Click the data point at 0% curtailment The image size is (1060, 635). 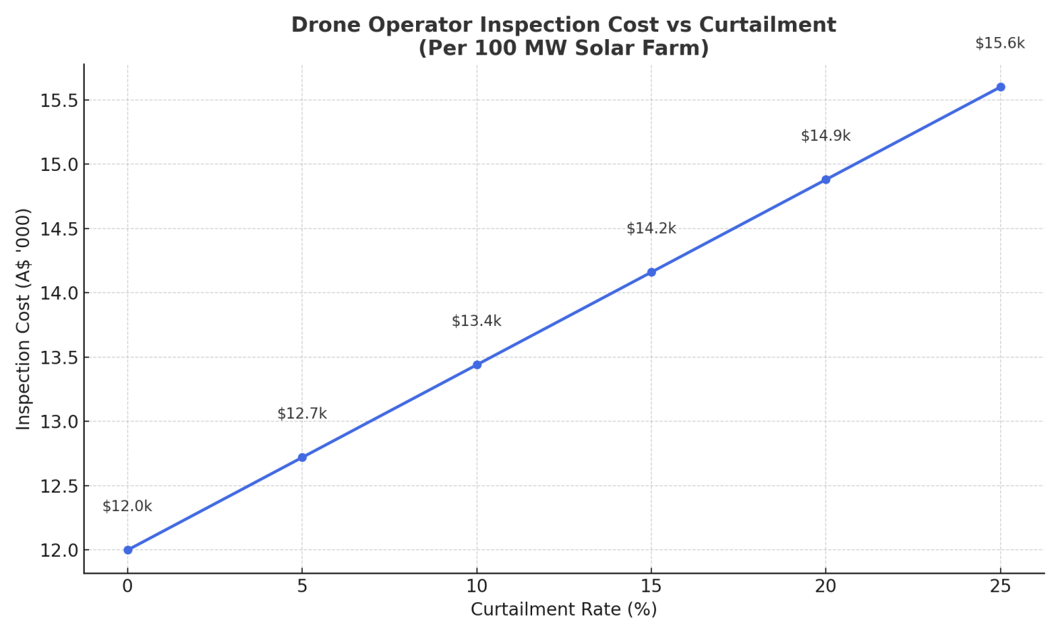[x=128, y=550]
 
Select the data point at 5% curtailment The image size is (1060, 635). [x=302, y=457]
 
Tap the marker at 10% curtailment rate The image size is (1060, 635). [x=477, y=364]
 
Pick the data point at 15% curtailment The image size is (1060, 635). [x=652, y=272]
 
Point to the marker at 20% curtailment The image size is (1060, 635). [x=826, y=179]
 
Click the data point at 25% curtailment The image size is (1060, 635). [x=1000, y=87]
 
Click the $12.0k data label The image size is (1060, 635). [x=128, y=506]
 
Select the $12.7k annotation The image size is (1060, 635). [x=302, y=414]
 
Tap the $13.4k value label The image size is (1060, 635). [x=477, y=321]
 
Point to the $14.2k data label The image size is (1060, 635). [x=651, y=229]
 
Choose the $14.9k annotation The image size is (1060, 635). [x=826, y=136]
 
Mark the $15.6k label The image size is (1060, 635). [x=1000, y=43]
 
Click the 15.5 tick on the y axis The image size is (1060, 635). [x=58, y=100]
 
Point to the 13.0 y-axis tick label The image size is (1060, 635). [x=58, y=421]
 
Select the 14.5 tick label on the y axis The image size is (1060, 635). [x=58, y=229]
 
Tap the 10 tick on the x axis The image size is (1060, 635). [x=477, y=587]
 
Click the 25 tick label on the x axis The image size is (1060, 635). [x=1000, y=587]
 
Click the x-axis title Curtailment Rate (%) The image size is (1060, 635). [x=563, y=609]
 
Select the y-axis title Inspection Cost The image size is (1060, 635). [x=23, y=359]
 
